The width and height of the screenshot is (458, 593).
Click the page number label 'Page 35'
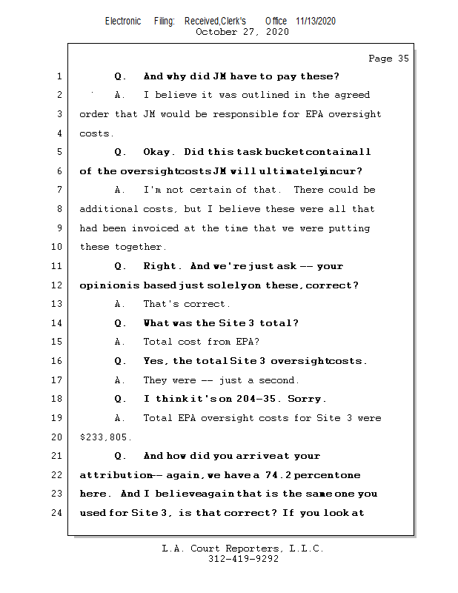click(388, 59)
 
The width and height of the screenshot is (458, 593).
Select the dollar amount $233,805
click(104, 437)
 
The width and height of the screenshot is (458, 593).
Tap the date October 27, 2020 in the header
click(242, 32)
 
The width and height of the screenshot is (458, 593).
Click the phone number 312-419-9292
click(242, 560)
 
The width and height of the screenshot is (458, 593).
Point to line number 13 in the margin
click(59, 304)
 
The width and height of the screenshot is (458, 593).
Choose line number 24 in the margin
click(59, 513)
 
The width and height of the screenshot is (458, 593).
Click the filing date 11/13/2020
click(315, 21)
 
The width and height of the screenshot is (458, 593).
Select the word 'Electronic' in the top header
click(123, 21)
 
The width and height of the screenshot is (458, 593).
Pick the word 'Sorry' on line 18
click(306, 399)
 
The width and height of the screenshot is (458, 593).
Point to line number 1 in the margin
click(59, 76)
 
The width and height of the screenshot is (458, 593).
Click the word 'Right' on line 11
click(160, 266)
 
